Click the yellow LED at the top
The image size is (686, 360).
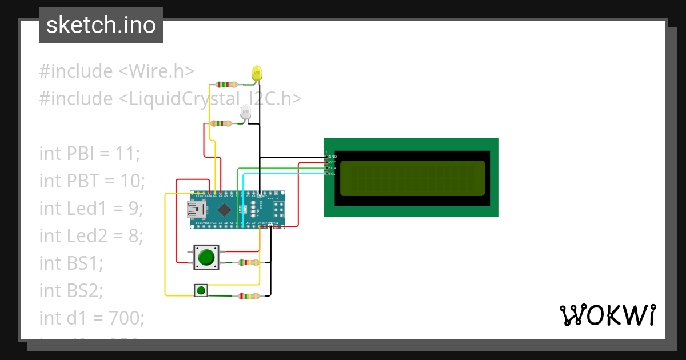257,73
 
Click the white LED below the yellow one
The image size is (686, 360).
245,112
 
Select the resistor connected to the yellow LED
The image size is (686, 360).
224,84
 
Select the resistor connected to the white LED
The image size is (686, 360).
221,123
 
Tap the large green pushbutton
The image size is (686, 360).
205,257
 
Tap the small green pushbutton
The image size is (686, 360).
201,291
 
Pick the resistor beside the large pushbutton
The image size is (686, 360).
248,263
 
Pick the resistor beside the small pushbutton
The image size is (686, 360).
248,296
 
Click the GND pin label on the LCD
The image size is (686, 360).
332,157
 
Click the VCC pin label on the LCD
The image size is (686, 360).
332,162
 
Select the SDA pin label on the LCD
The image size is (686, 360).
332,168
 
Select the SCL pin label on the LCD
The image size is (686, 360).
332,173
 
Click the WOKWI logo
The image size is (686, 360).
607,315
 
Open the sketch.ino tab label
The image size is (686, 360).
101,25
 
